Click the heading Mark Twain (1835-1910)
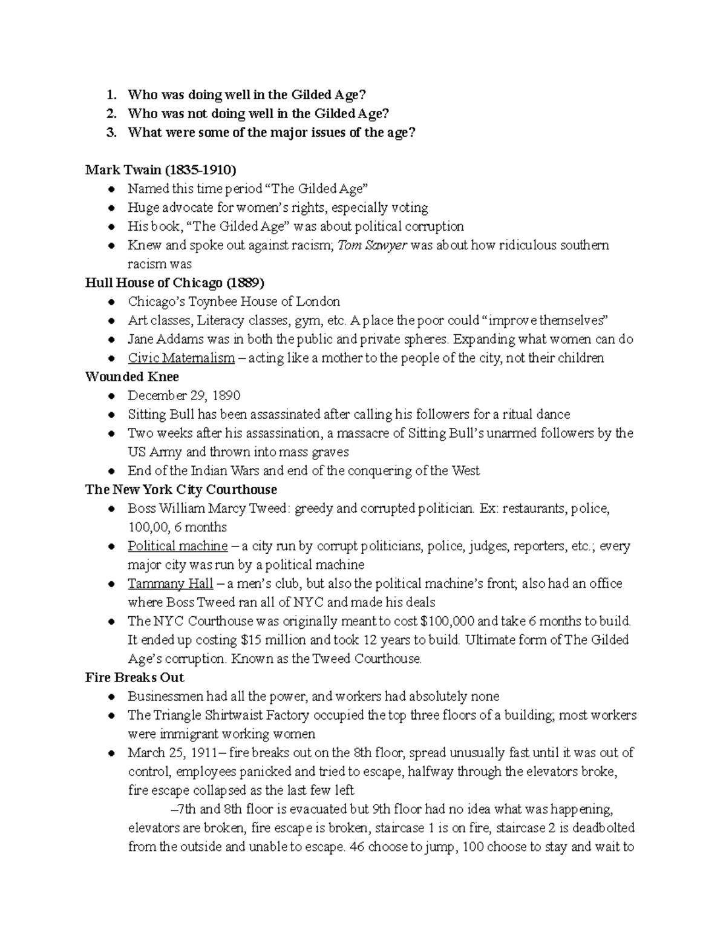[160, 170]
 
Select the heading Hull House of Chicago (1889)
[175, 283]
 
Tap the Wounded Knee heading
[132, 376]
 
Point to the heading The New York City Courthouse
[181, 489]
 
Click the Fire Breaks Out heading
[134, 677]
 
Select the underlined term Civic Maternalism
[181, 358]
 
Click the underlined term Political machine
[177, 546]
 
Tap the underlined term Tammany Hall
[170, 583]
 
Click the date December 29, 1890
[184, 395]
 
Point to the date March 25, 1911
[170, 752]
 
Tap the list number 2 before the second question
[110, 114]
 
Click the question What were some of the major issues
[271, 133]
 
